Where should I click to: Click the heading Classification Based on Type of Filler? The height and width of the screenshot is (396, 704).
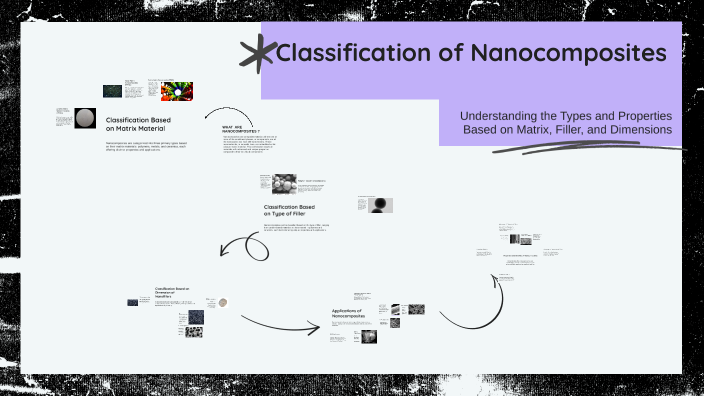pyautogui.click(x=296, y=210)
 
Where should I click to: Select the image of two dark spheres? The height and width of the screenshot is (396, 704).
pyautogui.click(x=381, y=204)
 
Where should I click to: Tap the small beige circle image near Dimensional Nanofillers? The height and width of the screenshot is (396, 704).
pyautogui.click(x=223, y=302)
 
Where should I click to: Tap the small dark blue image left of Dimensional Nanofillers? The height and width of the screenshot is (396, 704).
pyautogui.click(x=132, y=301)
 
